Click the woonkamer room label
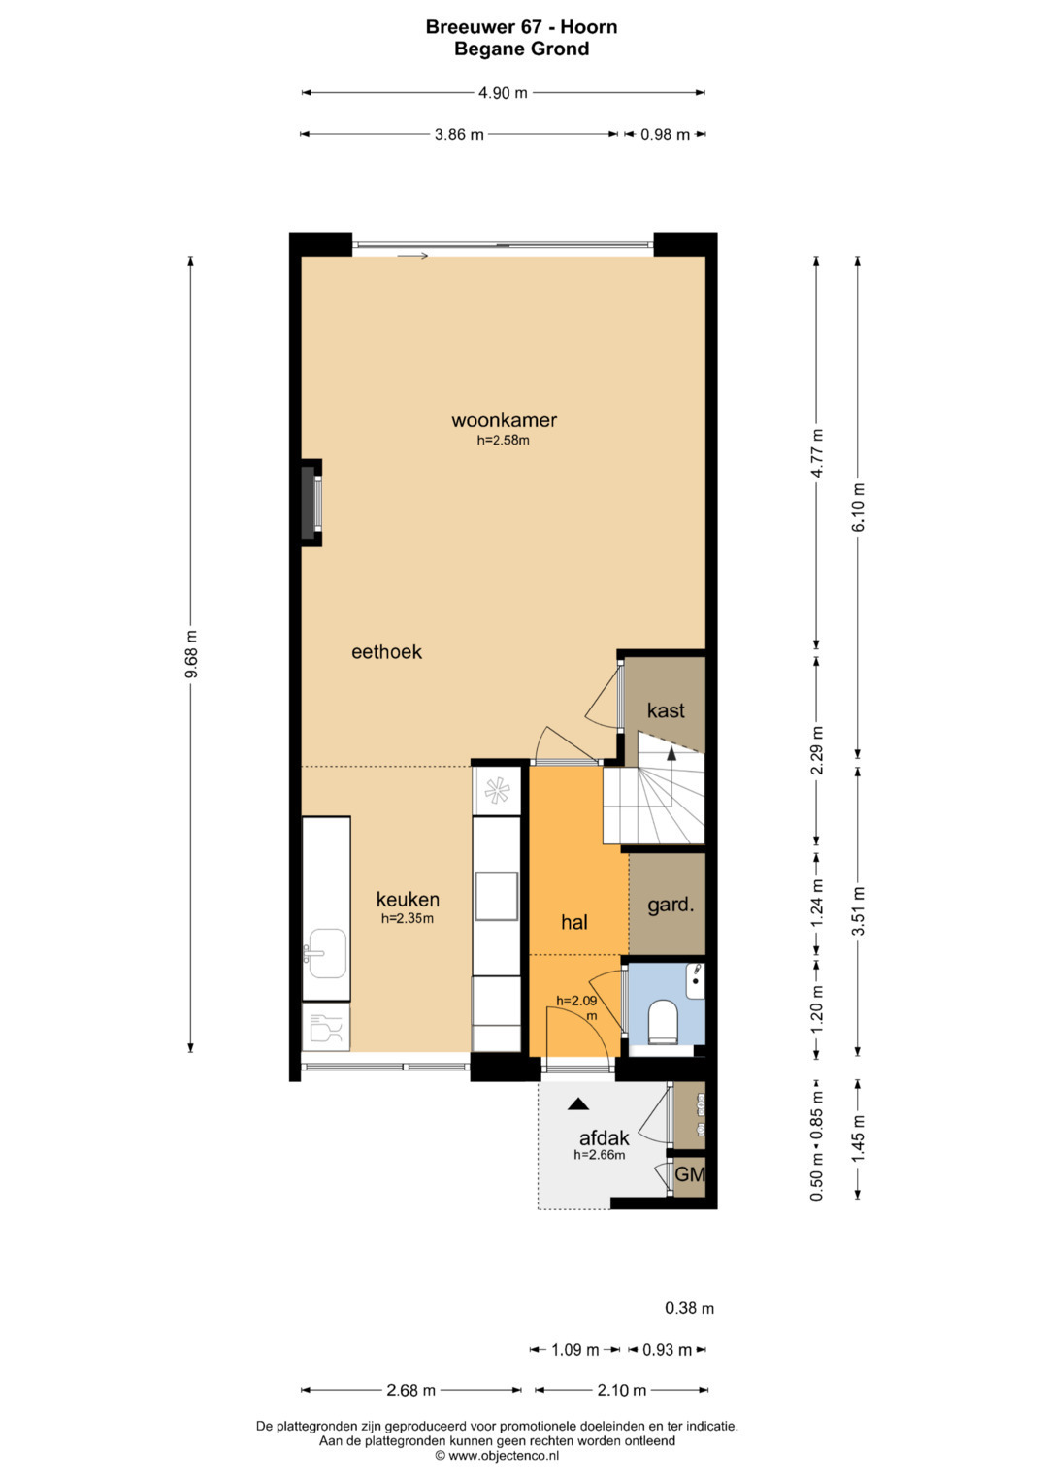[505, 420]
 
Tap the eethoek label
[386, 652]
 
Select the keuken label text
[408, 899]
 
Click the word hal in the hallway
[574, 922]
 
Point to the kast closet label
[666, 710]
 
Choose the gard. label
[671, 906]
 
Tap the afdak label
[604, 1138]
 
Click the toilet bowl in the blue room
[662, 1023]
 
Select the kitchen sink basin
[327, 953]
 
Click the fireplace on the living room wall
[311, 503]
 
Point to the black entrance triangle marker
[578, 1103]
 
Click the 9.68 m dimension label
[191, 654]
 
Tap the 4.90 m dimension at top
[503, 93]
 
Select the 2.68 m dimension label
[410, 1390]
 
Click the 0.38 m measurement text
[689, 1308]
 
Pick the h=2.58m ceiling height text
[504, 440]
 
